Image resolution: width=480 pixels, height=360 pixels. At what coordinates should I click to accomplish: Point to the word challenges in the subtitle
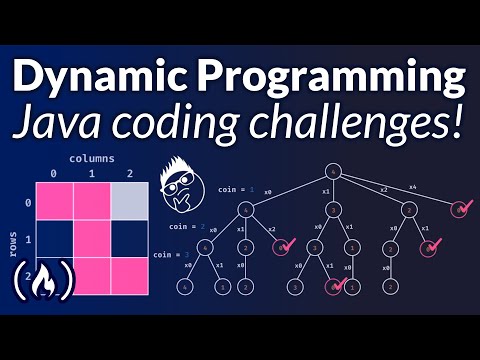[x=370, y=123]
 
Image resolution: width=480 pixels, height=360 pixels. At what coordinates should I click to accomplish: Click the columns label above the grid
[x=93, y=158]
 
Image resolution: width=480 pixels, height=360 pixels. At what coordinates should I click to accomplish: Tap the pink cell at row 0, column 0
[x=55, y=200]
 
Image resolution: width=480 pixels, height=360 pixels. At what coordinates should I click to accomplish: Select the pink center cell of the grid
[x=93, y=240]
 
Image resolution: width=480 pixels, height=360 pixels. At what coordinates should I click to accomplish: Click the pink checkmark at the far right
[x=461, y=209]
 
